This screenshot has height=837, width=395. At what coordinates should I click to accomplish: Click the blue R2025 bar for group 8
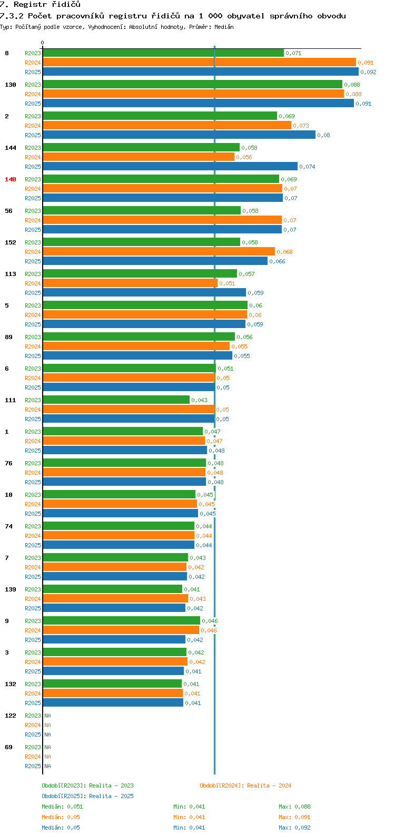pyautogui.click(x=200, y=72)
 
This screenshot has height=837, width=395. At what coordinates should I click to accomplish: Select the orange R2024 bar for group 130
pyautogui.click(x=193, y=94)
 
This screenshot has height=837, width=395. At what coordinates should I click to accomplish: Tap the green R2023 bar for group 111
pyautogui.click(x=116, y=400)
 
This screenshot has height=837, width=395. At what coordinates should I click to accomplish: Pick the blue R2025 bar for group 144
pyautogui.click(x=170, y=167)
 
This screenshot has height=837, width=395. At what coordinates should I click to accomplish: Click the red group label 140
pyautogui.click(x=11, y=179)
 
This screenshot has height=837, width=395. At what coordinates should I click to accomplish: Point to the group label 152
pyautogui.click(x=11, y=242)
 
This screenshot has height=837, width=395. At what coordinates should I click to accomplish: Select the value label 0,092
pyautogui.click(x=368, y=72)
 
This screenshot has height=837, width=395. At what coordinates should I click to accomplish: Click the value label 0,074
pyautogui.click(x=307, y=167)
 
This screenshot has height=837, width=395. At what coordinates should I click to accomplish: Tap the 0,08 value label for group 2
pyautogui.click(x=323, y=135)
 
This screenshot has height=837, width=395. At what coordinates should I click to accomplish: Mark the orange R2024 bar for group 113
pyautogui.click(x=130, y=283)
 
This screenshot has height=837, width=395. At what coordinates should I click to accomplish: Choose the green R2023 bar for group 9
pyautogui.click(x=121, y=621)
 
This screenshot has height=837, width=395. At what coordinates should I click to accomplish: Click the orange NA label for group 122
pyautogui.click(x=47, y=725)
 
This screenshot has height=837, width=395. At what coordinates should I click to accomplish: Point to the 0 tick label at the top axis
pyautogui.click(x=43, y=43)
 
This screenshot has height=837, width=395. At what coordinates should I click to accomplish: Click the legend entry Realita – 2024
pyautogui.click(x=245, y=785)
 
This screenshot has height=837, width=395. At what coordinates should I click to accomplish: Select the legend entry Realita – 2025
pyautogui.click(x=87, y=796)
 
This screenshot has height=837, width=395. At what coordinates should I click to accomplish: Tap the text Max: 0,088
pyautogui.click(x=294, y=807)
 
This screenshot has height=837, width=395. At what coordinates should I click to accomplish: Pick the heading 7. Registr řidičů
pyautogui.click(x=40, y=5)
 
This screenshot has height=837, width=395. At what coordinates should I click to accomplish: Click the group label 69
pyautogui.click(x=9, y=747)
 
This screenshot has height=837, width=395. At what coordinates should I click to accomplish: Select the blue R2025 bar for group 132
pyautogui.click(x=113, y=703)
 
